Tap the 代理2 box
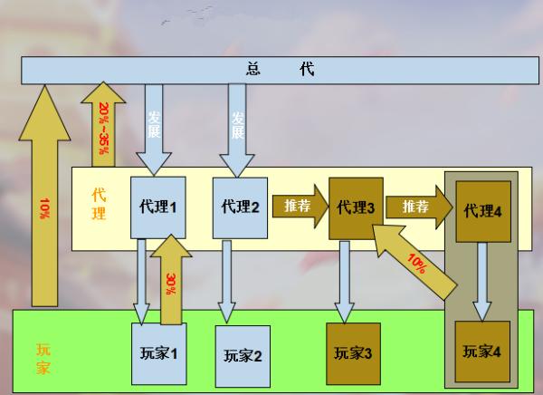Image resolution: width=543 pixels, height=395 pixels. (x=241, y=207)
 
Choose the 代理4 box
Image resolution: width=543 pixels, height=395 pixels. (x=482, y=211)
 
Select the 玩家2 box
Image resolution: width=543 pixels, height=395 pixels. (x=243, y=354)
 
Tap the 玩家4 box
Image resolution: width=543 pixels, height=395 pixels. (x=481, y=350)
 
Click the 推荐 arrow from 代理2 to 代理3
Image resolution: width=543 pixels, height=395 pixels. (x=299, y=206)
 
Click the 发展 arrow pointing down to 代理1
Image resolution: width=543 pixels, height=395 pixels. (x=154, y=127)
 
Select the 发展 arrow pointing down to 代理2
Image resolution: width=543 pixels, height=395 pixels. (x=238, y=127)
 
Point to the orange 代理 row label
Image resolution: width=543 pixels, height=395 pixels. (x=100, y=204)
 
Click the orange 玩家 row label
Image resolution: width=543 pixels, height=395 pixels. (x=43, y=358)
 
